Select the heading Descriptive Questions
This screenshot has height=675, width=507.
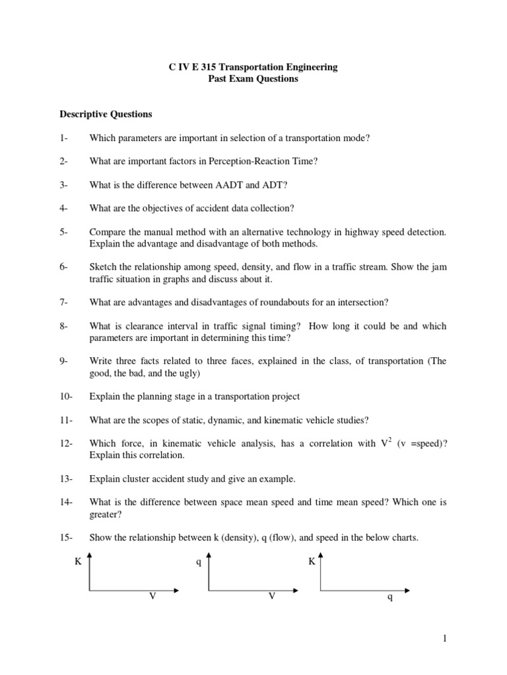106,114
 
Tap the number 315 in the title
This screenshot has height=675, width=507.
207,67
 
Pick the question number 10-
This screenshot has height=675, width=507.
67,396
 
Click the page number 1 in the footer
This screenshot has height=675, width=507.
446,639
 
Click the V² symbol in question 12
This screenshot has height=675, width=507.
385,443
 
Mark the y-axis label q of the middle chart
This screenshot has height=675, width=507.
198,562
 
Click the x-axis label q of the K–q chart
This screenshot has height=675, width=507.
389,599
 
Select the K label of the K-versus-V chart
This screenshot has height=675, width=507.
78,562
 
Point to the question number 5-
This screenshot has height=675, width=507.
65,232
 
